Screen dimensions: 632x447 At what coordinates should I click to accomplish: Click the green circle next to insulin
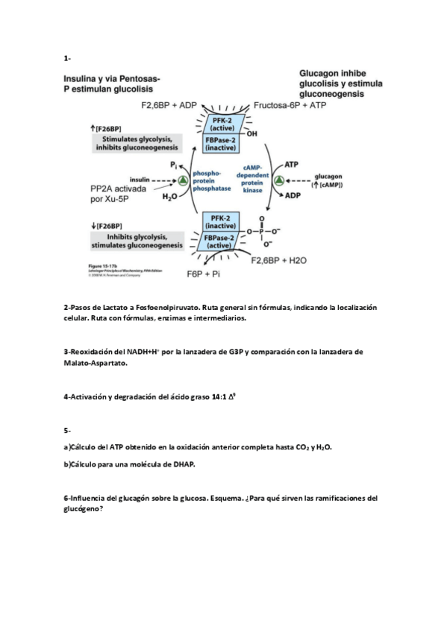tap(183, 180)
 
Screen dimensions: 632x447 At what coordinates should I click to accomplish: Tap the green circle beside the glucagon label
tap(278, 181)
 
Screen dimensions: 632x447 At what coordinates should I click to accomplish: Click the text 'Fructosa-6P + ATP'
tap(290, 106)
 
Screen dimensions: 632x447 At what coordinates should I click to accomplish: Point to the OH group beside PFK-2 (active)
tap(251, 134)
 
